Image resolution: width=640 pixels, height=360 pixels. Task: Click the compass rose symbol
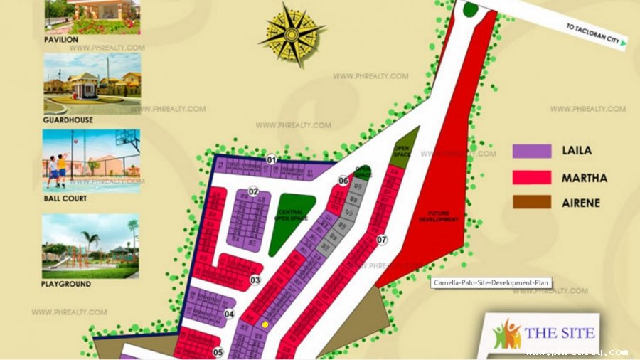[x=291, y=35]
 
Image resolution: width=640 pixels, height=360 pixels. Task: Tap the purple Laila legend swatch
[x=532, y=151]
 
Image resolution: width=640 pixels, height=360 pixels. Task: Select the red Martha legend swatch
[x=532, y=177]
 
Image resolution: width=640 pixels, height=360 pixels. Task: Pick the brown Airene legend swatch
[x=532, y=202]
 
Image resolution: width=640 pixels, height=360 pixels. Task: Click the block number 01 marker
[x=271, y=160]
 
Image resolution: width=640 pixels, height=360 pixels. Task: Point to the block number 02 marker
[x=253, y=191]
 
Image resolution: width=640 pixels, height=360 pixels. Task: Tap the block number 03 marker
[x=255, y=280]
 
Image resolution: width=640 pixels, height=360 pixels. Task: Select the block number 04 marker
[x=229, y=314]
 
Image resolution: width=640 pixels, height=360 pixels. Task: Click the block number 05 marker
[x=218, y=351]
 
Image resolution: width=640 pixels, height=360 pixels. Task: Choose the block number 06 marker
[x=343, y=181]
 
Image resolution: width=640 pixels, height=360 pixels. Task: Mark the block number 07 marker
[x=382, y=240]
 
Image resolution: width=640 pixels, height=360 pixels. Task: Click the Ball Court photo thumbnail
[x=92, y=160]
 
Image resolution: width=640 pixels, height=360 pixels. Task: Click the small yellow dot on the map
[x=265, y=324]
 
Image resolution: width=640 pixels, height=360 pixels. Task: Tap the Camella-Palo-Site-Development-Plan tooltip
[x=491, y=282]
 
